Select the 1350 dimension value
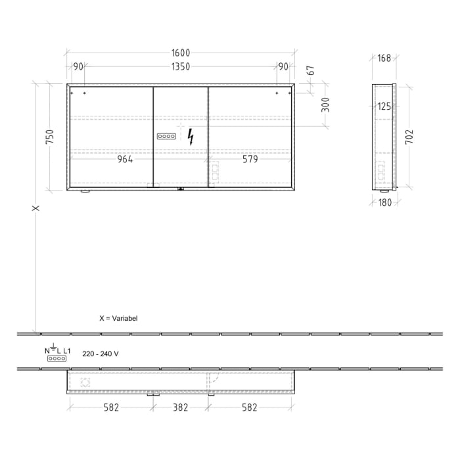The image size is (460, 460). click(181, 66)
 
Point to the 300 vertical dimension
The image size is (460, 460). click(325, 104)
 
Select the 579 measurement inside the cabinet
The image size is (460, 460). click(250, 160)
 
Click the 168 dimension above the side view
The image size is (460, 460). click(384, 58)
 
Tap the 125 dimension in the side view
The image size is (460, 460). click(384, 106)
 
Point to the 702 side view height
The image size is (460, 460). click(409, 137)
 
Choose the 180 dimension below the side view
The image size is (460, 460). click(384, 202)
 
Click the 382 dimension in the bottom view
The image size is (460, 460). click(180, 407)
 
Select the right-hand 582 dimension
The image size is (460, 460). click(250, 407)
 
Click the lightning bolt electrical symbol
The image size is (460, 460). click(191, 137)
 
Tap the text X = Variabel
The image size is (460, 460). click(118, 318)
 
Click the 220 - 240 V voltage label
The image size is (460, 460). click(101, 354)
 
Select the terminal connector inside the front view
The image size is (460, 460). click(166, 137)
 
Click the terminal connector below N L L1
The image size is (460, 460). click(57, 359)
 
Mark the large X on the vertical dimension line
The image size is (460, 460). click(36, 208)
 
